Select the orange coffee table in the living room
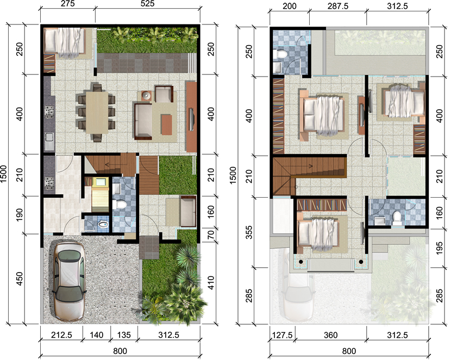tap(166, 123)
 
